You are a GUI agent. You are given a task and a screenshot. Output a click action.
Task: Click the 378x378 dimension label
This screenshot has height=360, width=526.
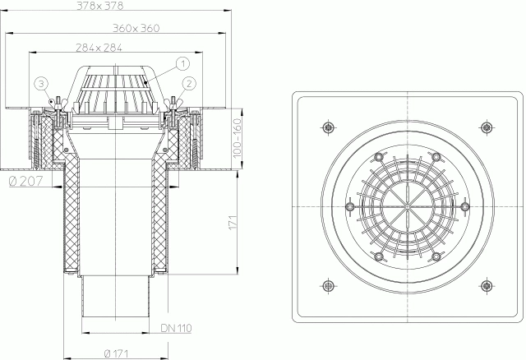(100, 6)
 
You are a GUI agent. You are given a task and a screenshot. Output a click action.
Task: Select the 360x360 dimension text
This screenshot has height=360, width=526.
(136, 28)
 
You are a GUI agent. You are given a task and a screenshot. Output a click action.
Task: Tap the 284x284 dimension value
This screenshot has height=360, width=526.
(99, 48)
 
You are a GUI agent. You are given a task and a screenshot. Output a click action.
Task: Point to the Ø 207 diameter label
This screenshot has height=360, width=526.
(26, 181)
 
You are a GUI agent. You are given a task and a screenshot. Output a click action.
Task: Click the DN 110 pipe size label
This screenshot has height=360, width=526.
(176, 328)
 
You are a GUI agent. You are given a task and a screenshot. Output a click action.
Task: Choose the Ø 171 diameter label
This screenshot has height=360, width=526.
(117, 353)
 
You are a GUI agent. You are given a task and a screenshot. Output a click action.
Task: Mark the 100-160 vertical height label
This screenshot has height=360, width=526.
(238, 138)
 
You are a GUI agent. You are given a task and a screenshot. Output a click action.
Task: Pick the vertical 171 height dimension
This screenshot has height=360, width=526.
(233, 222)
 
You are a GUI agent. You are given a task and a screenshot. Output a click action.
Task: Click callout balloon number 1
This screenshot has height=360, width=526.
(182, 63)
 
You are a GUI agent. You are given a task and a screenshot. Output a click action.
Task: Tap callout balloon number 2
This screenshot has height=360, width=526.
(189, 84)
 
